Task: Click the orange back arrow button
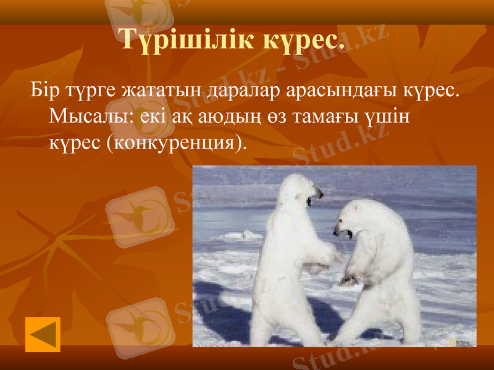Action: point(43,334)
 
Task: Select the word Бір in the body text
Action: point(44,92)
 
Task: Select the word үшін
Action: point(385,117)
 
